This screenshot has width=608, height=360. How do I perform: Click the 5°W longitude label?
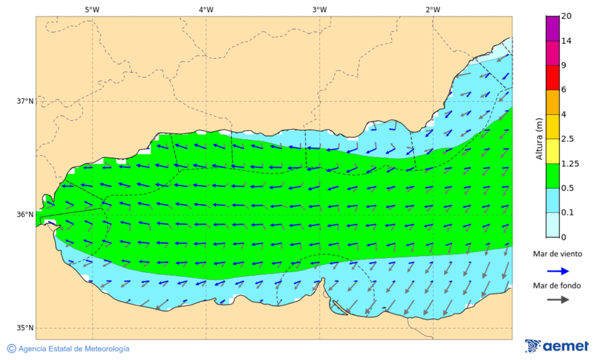pyautogui.click(x=92, y=9)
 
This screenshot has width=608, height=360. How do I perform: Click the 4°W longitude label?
pyautogui.click(x=206, y=9)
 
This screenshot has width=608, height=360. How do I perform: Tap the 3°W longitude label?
pyautogui.click(x=320, y=9)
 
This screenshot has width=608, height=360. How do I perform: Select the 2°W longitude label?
pyautogui.click(x=433, y=9)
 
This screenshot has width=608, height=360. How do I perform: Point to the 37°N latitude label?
pyautogui.click(x=25, y=101)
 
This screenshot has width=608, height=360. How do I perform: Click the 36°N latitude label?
pyautogui.click(x=25, y=215)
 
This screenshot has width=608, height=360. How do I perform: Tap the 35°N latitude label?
pyautogui.click(x=25, y=328)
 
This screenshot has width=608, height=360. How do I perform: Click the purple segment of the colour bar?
pyautogui.click(x=553, y=28)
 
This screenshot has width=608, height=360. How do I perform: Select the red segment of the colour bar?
pyautogui.click(x=553, y=77)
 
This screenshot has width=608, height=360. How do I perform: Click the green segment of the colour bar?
pyautogui.click(x=553, y=176)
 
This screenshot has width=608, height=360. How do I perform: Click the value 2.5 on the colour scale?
pyautogui.click(x=567, y=139)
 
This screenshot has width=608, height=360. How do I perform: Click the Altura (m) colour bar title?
pyautogui.click(x=539, y=138)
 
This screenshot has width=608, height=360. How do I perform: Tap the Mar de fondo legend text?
pyautogui.click(x=557, y=286)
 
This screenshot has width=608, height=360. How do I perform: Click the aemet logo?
pyautogui.click(x=557, y=346)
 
